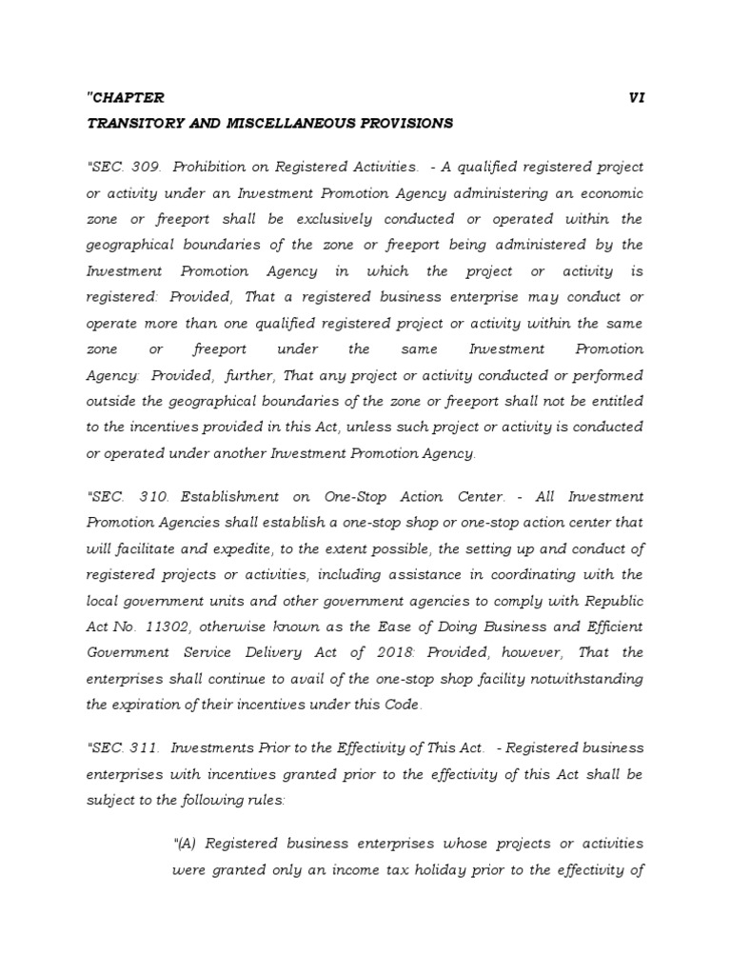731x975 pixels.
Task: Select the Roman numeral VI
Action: (637, 97)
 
